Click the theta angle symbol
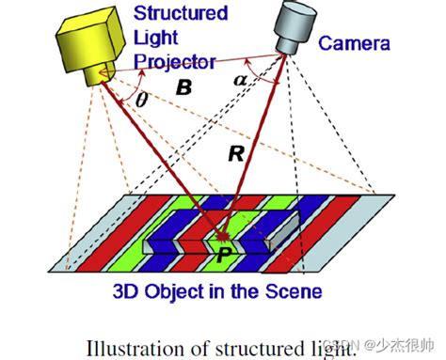point(143,99)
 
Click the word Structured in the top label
point(182,12)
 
